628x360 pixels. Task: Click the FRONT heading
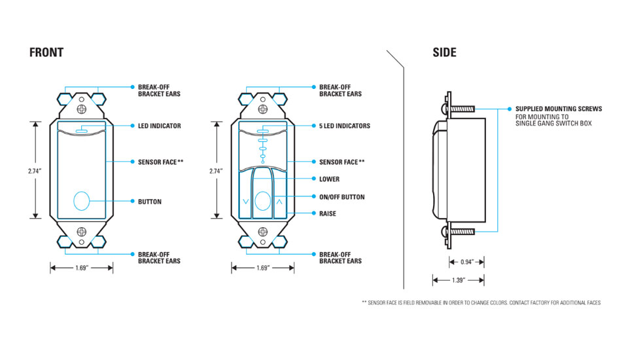(46, 53)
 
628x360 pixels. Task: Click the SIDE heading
(444, 53)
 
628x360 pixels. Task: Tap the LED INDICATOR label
(159, 126)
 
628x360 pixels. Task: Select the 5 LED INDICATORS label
(344, 126)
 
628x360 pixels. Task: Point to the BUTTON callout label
(149, 202)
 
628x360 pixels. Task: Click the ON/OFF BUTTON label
(341, 197)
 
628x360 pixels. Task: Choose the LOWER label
(329, 179)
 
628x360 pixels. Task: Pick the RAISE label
(328, 213)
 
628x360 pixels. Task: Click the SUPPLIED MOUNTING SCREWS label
(558, 109)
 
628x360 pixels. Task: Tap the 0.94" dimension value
(466, 262)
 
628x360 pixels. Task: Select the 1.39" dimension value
(458, 280)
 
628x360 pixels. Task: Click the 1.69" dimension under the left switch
(82, 268)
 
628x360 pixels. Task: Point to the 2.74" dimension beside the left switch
(35, 170)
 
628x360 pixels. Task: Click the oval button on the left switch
(82, 200)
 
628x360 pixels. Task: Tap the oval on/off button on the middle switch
(262, 201)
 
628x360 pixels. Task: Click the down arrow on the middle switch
(245, 202)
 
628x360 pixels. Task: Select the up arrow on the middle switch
(279, 202)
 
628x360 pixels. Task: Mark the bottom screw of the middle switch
(263, 231)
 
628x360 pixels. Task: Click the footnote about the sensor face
(481, 302)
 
